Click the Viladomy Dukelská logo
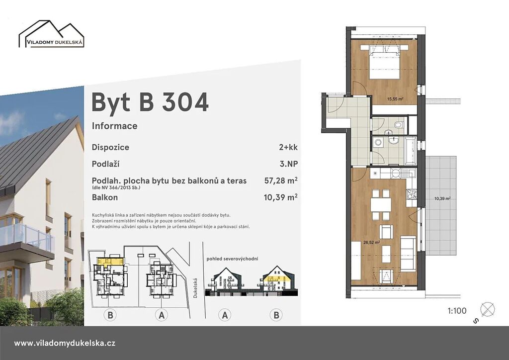(x=52, y=34)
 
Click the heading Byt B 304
(x=150, y=102)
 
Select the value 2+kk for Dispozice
(x=288, y=147)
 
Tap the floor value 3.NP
(x=289, y=164)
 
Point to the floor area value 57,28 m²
(x=281, y=180)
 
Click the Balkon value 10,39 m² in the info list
(x=281, y=197)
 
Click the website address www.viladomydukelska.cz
(x=65, y=343)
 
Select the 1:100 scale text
(x=457, y=311)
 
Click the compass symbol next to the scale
(x=487, y=309)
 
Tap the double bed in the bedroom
(x=384, y=62)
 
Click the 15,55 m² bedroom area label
(x=395, y=99)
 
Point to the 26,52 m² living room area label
(x=372, y=242)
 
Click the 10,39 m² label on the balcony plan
(x=442, y=199)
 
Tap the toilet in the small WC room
(x=399, y=125)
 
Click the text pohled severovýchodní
(x=233, y=259)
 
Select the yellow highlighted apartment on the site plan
(x=110, y=262)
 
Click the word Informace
(x=115, y=126)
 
